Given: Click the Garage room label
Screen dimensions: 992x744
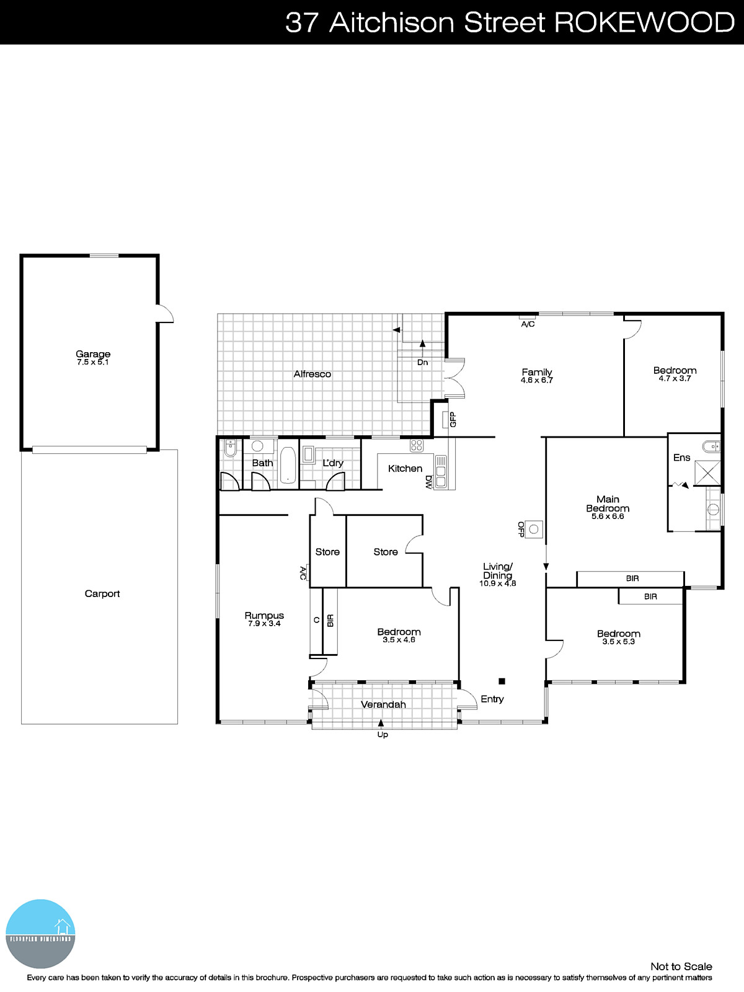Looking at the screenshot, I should pyautogui.click(x=93, y=354).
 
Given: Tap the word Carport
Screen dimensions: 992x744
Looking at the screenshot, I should pyautogui.click(x=102, y=593).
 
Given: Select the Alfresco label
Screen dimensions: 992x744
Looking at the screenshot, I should pyautogui.click(x=312, y=374).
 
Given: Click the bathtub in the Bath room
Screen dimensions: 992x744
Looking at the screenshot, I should pyautogui.click(x=288, y=465).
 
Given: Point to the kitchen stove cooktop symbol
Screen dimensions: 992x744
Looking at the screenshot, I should pyautogui.click(x=416, y=445).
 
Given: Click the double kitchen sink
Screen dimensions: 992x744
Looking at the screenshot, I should pyautogui.click(x=441, y=472).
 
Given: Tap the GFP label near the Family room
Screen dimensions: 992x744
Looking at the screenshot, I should pyautogui.click(x=453, y=420).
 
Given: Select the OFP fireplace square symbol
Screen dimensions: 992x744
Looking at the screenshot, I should pyautogui.click(x=534, y=529).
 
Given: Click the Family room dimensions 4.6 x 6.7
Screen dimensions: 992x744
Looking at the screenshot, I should pyautogui.click(x=537, y=380).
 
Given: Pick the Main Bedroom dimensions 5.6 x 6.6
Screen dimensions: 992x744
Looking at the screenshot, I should pyautogui.click(x=608, y=516).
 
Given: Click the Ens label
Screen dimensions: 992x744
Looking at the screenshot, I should pyautogui.click(x=681, y=458).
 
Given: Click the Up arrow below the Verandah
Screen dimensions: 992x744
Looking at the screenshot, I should pyautogui.click(x=381, y=724).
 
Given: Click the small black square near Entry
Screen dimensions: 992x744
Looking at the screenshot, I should pyautogui.click(x=502, y=681).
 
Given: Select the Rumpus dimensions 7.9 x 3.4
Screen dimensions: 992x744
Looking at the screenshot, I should pyautogui.click(x=264, y=624).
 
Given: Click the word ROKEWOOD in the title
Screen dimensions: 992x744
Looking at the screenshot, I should pyautogui.click(x=644, y=22).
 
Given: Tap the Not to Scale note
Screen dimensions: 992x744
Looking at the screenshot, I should pyautogui.click(x=681, y=966).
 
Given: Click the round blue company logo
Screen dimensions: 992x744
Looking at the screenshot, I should pyautogui.click(x=41, y=933).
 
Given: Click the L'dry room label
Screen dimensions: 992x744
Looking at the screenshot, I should pyautogui.click(x=333, y=463).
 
